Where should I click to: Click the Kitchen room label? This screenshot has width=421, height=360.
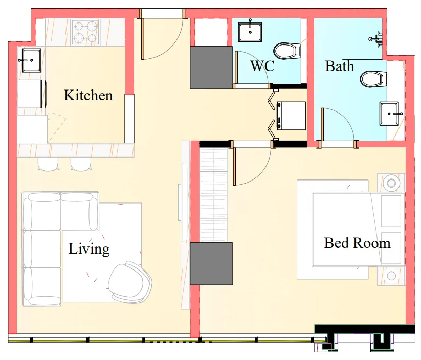(88, 95)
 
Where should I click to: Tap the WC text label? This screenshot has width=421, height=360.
(262, 66)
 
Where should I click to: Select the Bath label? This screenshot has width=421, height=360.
(339, 66)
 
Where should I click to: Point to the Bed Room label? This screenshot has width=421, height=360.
(357, 242)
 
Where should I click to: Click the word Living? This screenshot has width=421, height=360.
(89, 249)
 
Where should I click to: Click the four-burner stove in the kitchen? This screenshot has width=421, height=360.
(85, 32)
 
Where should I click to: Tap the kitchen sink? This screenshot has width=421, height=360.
(29, 59)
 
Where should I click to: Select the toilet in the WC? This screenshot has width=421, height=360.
(285, 51)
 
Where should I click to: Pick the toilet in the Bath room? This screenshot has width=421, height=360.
(372, 79)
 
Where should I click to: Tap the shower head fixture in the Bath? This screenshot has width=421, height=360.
(378, 38)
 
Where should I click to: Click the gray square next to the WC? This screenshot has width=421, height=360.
(211, 67)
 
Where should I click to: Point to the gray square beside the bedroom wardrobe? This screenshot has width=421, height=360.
(211, 264)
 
